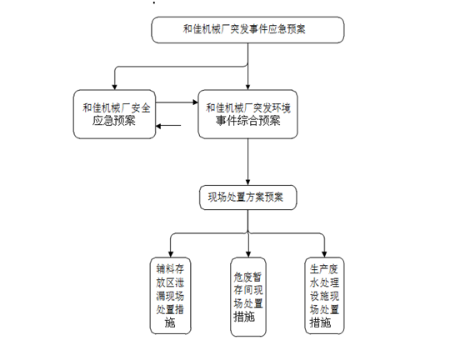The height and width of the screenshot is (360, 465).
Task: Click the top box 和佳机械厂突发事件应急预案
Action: click(x=247, y=30)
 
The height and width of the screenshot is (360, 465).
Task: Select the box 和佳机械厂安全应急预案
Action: click(x=114, y=114)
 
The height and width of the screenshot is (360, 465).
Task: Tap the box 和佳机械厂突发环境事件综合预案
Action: click(x=248, y=114)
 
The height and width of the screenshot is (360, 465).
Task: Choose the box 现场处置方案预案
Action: click(x=248, y=197)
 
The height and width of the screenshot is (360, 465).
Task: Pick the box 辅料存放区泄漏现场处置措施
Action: click(x=170, y=296)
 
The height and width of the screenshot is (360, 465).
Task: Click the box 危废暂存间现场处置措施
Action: click(x=248, y=297)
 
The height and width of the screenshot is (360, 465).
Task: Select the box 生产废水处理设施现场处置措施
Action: click(x=324, y=296)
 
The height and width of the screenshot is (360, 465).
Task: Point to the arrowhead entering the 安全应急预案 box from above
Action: click(x=114, y=87)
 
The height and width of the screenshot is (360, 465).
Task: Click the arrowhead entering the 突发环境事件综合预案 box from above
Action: click(x=248, y=87)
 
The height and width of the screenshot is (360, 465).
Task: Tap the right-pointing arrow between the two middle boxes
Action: click(x=177, y=102)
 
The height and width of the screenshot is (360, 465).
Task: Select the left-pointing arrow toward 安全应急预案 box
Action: click(x=168, y=126)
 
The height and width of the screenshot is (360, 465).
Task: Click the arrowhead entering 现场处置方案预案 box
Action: click(x=248, y=182)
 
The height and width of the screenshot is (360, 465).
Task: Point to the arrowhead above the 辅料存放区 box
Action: click(x=171, y=254)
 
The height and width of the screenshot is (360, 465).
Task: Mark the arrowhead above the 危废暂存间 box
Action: click(x=248, y=254)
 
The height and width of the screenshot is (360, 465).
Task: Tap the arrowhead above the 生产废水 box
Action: click(x=324, y=254)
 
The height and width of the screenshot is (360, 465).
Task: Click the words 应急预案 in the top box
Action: click(x=287, y=29)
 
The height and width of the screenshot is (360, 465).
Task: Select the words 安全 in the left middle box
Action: click(x=141, y=108)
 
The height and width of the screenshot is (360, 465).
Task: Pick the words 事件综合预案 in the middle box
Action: click(x=248, y=121)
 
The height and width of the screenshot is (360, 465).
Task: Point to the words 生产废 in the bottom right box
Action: click(x=324, y=269)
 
